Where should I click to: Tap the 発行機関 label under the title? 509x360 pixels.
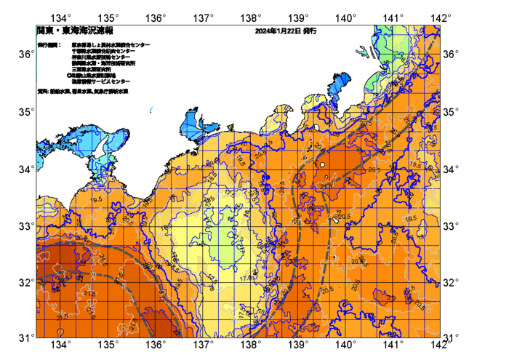click(49, 44)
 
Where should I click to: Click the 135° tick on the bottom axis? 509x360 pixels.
click(109, 345)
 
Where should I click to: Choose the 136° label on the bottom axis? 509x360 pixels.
click(156, 345)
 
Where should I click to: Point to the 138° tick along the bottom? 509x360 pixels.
click(251, 345)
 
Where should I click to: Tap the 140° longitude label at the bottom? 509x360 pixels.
click(345, 345)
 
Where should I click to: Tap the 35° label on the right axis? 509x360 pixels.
click(452, 112)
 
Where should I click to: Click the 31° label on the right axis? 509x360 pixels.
click(452, 337)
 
